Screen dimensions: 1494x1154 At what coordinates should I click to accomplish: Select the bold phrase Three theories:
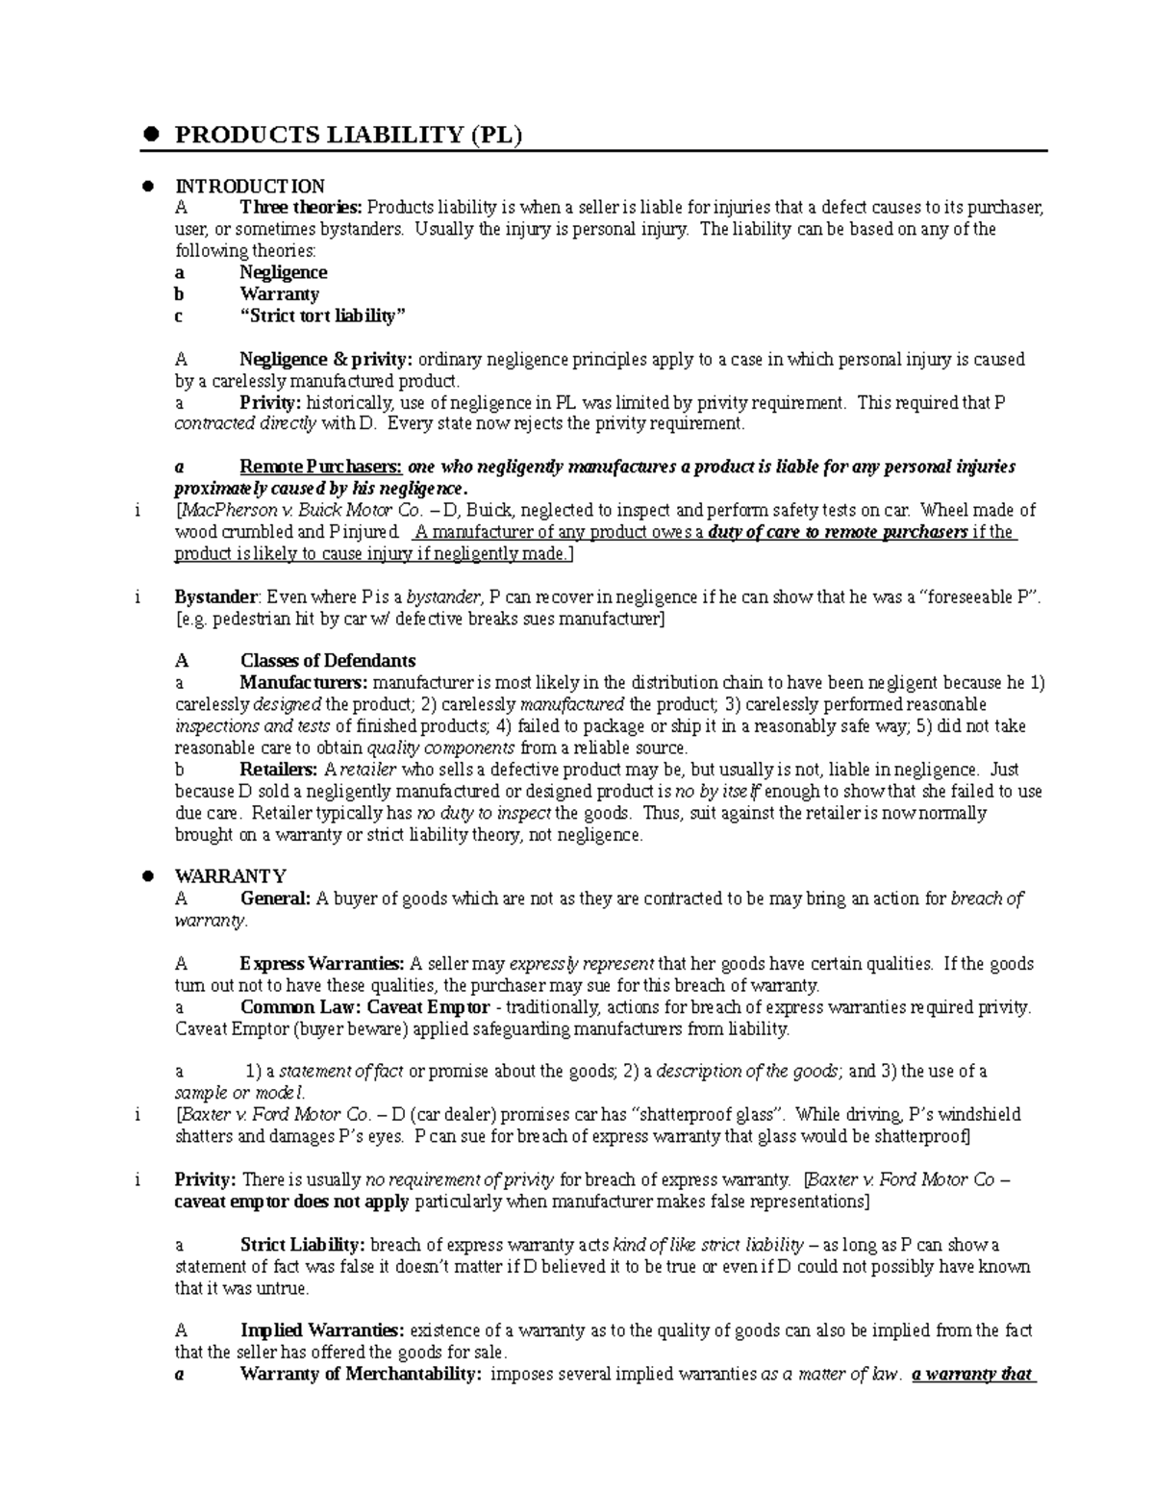click(301, 208)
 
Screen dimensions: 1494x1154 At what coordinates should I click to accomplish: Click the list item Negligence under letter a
click(284, 272)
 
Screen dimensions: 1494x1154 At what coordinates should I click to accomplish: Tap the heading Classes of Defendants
click(327, 661)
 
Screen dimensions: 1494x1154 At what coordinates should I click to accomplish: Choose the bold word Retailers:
click(279, 770)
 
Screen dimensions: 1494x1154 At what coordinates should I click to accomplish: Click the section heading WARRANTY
click(230, 876)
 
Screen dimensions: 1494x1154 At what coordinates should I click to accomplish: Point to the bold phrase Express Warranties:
click(322, 964)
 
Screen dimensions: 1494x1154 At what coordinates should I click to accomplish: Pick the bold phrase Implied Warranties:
click(322, 1331)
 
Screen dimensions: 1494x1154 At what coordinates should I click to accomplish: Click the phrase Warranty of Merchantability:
click(361, 1375)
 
